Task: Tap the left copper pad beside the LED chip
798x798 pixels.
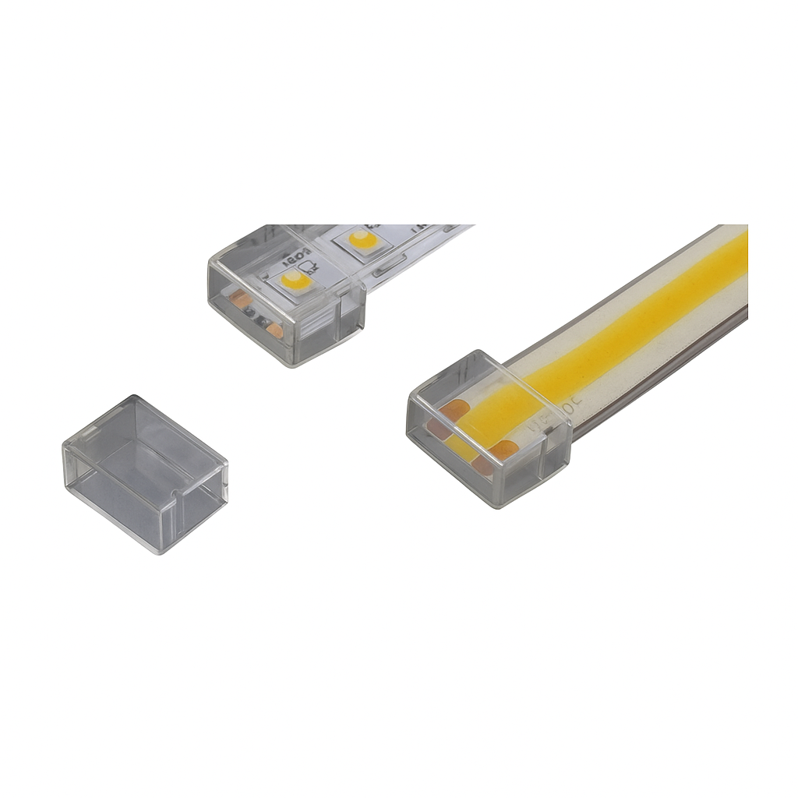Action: [242, 299]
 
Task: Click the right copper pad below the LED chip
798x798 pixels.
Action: [274, 330]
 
